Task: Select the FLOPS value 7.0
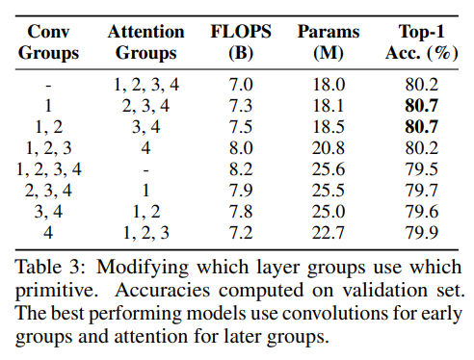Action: tap(241, 85)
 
